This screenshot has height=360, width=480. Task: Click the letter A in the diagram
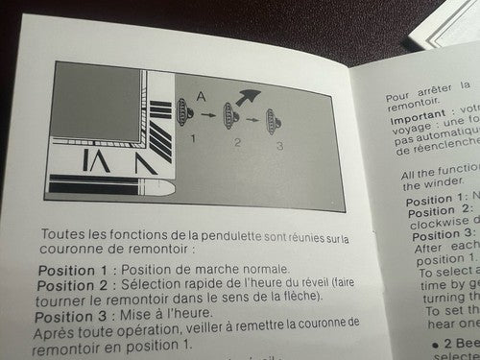click(x=199, y=95)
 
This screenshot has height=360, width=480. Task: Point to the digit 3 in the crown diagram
click(x=279, y=146)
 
